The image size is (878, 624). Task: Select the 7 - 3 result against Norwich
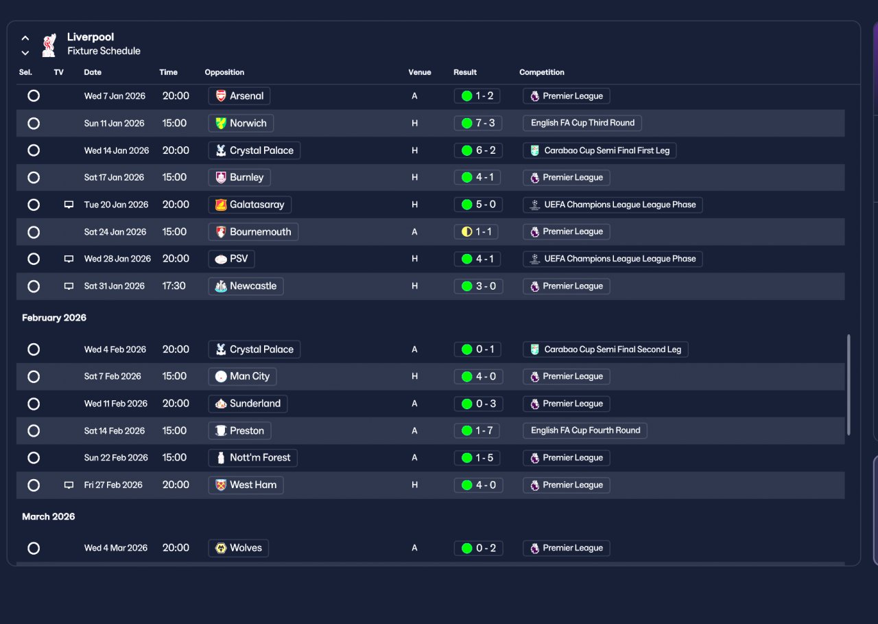478,123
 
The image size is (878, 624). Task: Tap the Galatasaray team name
257,205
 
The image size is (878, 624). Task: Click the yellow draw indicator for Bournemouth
467,232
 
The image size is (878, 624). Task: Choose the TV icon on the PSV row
69,259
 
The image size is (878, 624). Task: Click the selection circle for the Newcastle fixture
34,286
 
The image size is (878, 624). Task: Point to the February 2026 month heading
54,318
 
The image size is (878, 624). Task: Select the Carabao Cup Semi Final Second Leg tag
606,349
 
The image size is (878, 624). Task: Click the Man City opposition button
242,376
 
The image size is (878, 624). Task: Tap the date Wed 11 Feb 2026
116,404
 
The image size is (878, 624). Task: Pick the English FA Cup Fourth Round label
585,430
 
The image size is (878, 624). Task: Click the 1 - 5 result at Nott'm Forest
477,458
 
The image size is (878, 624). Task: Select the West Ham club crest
221,485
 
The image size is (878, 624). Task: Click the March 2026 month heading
48,516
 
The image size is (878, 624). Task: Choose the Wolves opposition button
238,548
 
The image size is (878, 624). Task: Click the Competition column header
542,72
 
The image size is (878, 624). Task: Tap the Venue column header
419,72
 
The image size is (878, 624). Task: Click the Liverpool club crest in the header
49,45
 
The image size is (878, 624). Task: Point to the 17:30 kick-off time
174,286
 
